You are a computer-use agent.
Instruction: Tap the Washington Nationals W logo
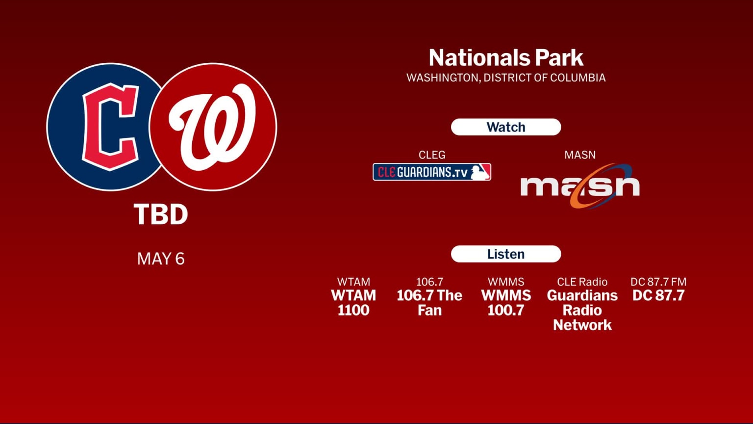point(213,127)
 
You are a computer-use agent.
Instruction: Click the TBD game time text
point(161,215)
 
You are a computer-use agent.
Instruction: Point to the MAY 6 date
point(161,259)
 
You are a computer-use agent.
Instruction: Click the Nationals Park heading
point(506,58)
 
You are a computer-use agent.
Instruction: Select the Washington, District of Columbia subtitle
point(506,78)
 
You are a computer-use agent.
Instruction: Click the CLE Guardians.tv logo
point(431,172)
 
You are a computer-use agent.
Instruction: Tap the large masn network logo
point(580,185)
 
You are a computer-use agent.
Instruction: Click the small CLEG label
point(432,155)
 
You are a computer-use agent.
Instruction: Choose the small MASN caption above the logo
point(580,155)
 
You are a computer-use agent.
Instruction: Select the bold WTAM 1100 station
point(353,303)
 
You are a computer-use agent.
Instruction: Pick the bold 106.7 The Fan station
point(429,303)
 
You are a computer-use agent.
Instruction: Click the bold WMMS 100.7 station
point(506,303)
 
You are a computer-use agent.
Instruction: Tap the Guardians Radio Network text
point(582,310)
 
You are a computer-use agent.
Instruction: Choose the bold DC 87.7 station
point(658,295)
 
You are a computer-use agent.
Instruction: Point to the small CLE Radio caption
point(582,282)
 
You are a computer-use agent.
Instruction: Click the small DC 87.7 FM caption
point(658,282)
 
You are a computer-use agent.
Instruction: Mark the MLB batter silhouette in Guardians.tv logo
point(479,172)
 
